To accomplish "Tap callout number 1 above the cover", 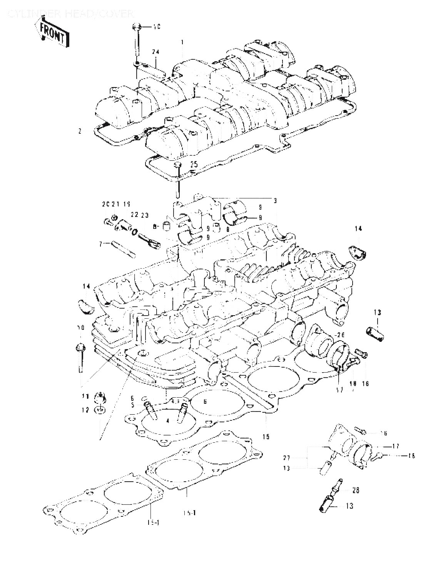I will [183, 41].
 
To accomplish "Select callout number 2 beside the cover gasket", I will [80, 131].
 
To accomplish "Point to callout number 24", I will [155, 52].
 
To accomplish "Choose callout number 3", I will [275, 200].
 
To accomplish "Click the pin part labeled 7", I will [123, 249].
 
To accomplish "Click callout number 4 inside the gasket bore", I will [167, 421].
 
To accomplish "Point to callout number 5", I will [132, 405].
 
